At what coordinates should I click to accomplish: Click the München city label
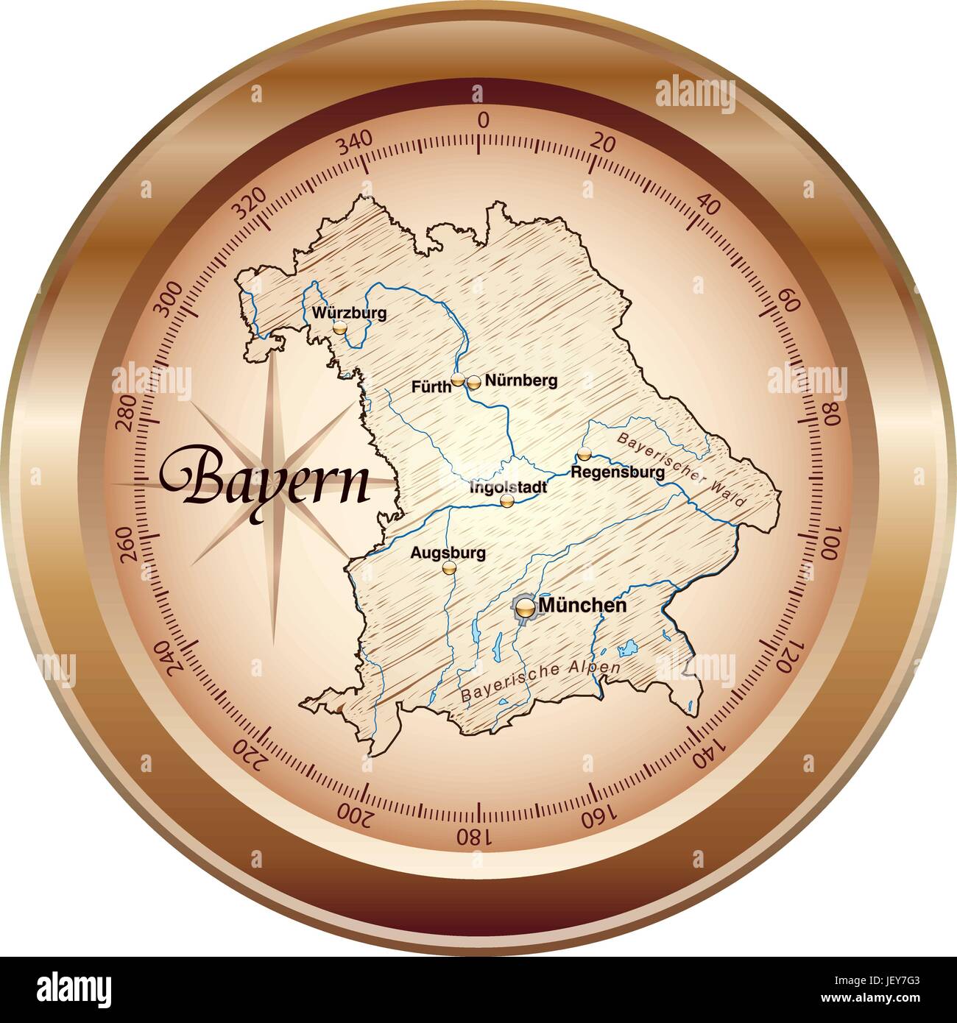[x=583, y=605]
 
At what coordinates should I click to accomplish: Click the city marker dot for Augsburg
[x=449, y=567]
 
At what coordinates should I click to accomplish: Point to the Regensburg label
[x=618, y=472]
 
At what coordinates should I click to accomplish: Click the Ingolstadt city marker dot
[x=506, y=500]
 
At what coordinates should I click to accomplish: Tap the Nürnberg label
[x=521, y=380]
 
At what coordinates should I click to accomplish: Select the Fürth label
[x=431, y=386]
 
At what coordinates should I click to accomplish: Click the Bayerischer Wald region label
[x=682, y=470]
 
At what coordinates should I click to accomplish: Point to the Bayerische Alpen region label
[x=540, y=681]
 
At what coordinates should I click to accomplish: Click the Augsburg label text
[x=448, y=552]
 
